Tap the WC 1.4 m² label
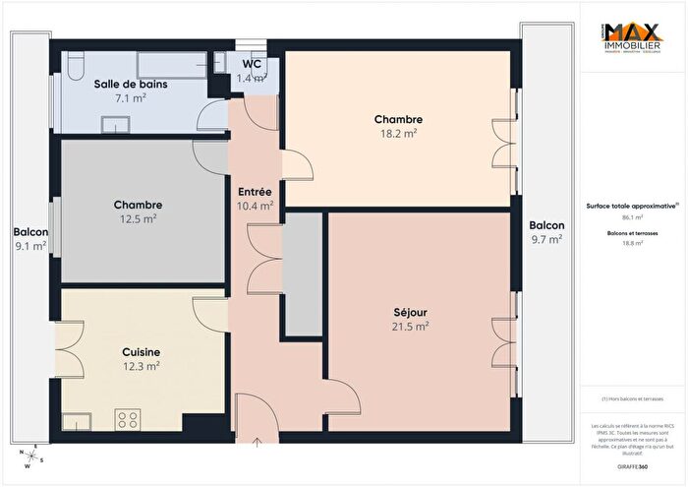(253, 71)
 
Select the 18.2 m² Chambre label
(397, 126)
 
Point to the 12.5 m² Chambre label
(137, 212)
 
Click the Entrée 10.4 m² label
(256, 199)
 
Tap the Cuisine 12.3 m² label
(141, 358)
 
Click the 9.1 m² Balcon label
(30, 239)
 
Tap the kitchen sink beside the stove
(78, 422)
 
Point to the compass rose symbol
(29, 456)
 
